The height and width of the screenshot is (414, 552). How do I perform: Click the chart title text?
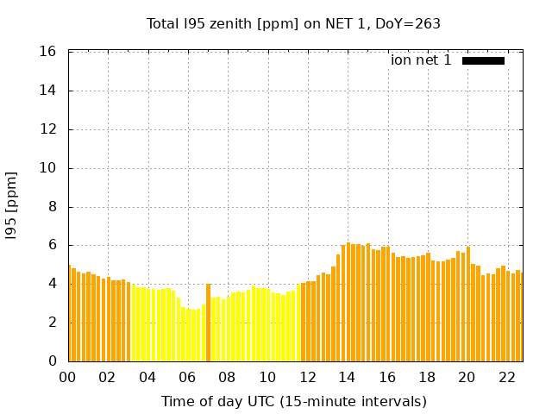coord(293,23)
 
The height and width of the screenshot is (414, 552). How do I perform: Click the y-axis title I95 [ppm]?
coord(12,205)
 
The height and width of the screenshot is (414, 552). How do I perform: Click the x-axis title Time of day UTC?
coord(293,401)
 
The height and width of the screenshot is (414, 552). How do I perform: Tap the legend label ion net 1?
coord(421,60)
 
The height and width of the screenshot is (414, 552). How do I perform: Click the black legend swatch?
coord(483,60)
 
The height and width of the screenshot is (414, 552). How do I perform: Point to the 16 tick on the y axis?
coord(49,52)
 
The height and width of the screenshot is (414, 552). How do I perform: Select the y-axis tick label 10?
coord(49,168)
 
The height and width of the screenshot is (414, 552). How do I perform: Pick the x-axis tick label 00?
coord(68,378)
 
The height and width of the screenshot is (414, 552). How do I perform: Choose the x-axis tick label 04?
coord(147,378)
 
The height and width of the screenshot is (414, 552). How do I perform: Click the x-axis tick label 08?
coord(227,378)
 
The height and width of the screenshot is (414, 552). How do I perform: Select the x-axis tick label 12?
coord(307,378)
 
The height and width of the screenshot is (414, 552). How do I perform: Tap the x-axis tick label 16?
coord(386,378)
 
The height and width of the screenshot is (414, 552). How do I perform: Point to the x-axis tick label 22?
coord(506,378)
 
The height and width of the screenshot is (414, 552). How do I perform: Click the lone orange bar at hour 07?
coord(208,323)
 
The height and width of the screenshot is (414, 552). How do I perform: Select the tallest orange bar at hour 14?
coord(348,302)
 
